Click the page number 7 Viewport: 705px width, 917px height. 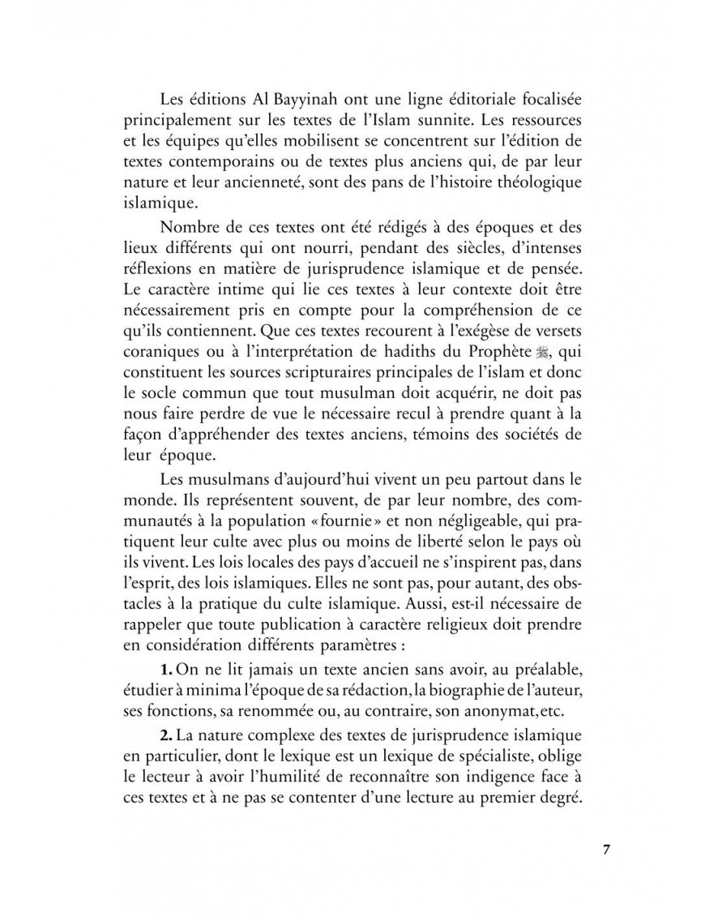click(x=606, y=850)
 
